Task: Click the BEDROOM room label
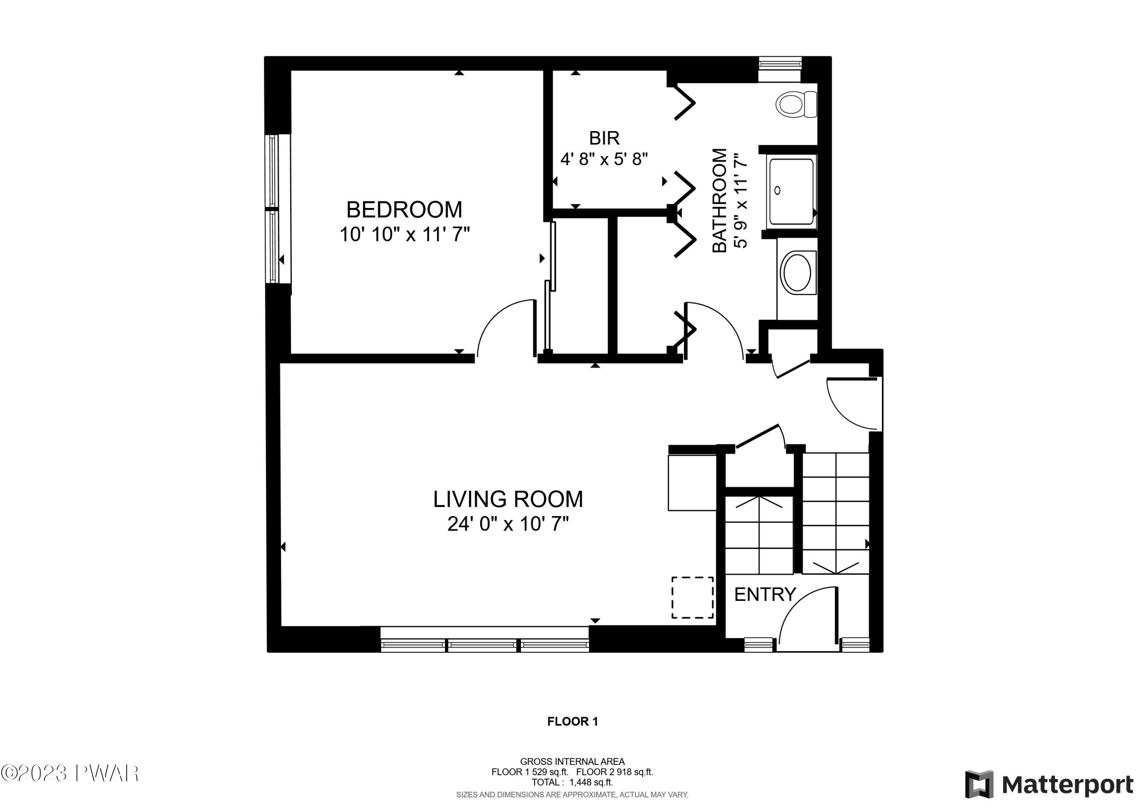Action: click(x=404, y=210)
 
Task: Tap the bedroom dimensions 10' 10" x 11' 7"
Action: click(x=405, y=234)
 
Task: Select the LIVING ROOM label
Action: click(x=508, y=499)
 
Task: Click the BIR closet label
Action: click(x=604, y=138)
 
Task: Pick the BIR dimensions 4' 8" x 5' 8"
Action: click(x=604, y=159)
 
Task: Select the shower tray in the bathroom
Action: click(x=791, y=191)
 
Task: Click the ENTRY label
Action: click(x=765, y=594)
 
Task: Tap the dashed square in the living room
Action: click(x=692, y=598)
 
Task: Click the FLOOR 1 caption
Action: click(x=573, y=721)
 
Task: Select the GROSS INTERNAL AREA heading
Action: click(x=573, y=761)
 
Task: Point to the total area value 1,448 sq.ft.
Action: click(x=591, y=782)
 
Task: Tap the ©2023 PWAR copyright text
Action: click(x=70, y=774)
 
